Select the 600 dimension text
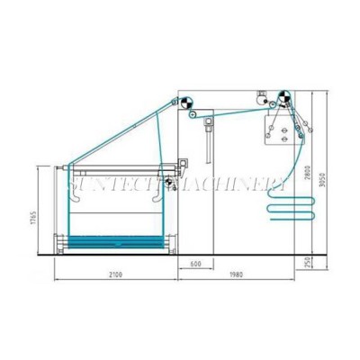196,265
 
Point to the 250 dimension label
309,261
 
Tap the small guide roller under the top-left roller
194,117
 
